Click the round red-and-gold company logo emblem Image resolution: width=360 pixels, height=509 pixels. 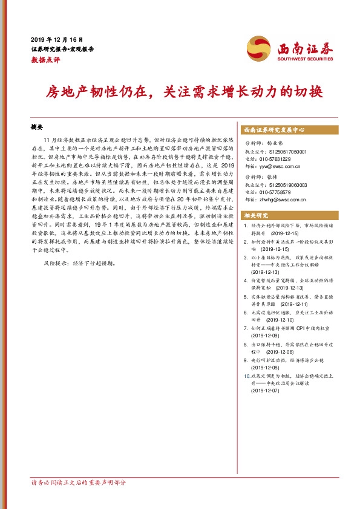(x=259, y=48)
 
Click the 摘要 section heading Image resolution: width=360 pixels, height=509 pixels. (x=38, y=128)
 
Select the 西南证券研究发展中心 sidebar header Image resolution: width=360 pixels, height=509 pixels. (x=273, y=129)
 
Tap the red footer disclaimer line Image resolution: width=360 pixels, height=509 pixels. (x=79, y=483)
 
